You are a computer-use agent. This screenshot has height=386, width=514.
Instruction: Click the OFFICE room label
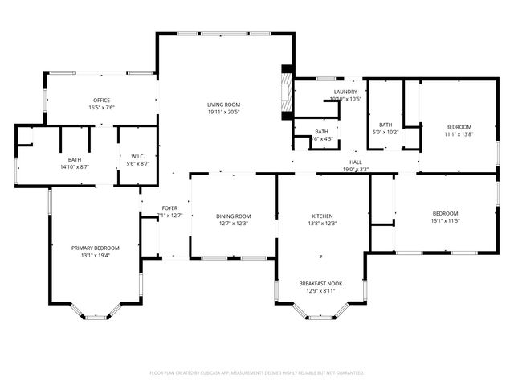click(x=101, y=100)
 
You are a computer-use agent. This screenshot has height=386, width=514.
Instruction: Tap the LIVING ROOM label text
click(x=224, y=105)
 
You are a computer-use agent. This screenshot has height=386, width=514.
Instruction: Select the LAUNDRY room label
click(x=345, y=92)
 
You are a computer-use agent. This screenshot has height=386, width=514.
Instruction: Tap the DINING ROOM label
click(x=234, y=216)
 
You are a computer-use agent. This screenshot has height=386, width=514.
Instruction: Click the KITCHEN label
click(x=323, y=216)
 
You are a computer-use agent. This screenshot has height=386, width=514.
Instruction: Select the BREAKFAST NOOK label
click(x=321, y=283)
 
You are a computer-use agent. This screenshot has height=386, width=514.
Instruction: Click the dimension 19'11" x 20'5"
click(x=224, y=112)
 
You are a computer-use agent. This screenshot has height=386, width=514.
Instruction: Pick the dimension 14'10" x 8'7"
click(x=75, y=166)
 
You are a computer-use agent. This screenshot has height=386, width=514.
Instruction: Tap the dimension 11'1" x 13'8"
click(x=459, y=133)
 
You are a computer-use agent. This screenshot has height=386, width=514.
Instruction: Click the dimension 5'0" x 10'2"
click(x=385, y=132)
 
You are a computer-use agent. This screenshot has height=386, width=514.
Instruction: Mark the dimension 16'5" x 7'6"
click(x=101, y=107)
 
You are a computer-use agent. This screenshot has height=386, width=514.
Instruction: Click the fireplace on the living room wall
click(x=285, y=92)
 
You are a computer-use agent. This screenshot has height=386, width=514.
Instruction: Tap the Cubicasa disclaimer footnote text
click(x=257, y=373)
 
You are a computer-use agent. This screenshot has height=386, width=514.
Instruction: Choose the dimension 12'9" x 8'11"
click(x=321, y=290)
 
